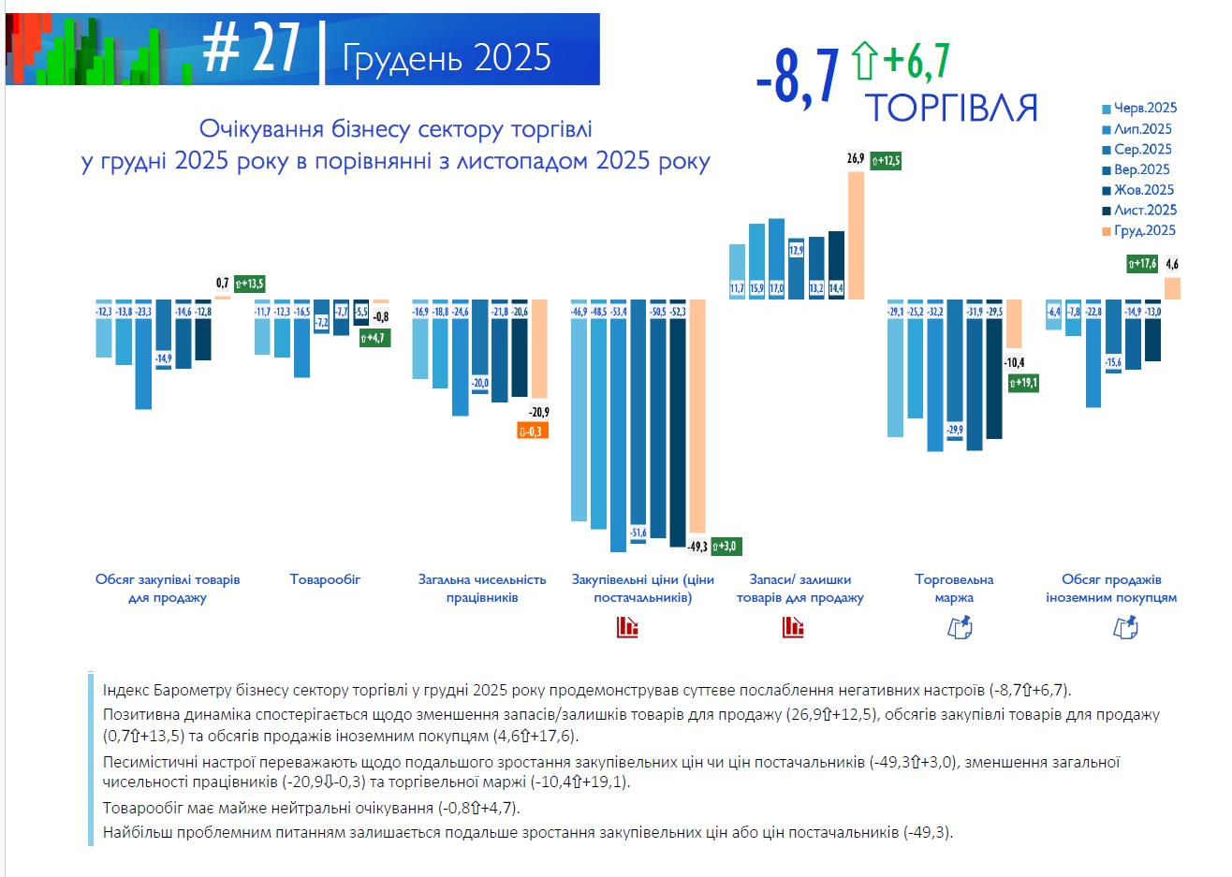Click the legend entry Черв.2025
coord(1139,109)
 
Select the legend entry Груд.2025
coord(1139,231)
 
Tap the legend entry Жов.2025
coord(1139,190)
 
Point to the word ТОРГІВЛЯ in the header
coord(950,109)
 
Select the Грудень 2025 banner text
coord(447,58)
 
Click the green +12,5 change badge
coord(886,161)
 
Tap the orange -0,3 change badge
coord(532,431)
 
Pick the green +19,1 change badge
coord(1022,383)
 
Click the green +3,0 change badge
coord(726,546)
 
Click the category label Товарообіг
coord(325,579)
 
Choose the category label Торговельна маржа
coord(954,589)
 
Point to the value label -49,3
coord(697,546)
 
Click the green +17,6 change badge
coord(1142,264)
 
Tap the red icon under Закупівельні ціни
coord(627,627)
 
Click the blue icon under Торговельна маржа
coord(961,627)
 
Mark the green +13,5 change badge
coord(250,283)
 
